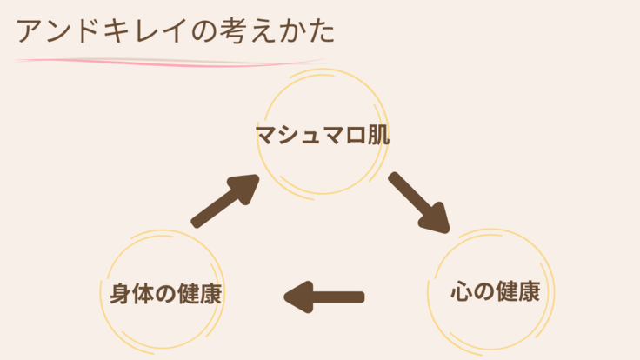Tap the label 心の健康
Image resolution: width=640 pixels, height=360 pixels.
495,291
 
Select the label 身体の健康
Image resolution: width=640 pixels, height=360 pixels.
165,294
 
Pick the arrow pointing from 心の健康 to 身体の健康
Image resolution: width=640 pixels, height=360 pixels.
323,297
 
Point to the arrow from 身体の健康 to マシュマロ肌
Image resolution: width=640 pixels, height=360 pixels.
225,201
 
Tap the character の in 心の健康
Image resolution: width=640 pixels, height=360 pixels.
483,291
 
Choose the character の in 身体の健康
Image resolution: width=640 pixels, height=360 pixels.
165,294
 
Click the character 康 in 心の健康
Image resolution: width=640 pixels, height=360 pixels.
529,291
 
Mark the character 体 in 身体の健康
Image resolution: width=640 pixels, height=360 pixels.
143,294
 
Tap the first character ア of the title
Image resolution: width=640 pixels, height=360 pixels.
29,31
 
